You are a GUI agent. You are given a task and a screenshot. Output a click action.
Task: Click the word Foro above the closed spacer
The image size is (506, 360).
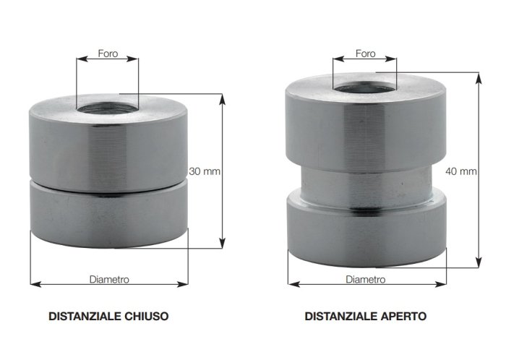(x=108, y=53)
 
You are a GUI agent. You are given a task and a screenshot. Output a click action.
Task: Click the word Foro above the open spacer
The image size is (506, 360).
(x=365, y=53)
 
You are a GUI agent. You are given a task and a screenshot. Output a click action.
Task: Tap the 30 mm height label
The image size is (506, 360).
(x=205, y=171)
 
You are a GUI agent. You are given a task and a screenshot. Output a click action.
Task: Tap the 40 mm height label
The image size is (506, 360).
(x=461, y=171)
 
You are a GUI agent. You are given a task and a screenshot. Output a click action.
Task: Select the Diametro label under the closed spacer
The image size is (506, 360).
(x=109, y=279)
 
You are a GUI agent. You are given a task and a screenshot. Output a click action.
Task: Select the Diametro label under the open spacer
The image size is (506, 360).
(x=366, y=279)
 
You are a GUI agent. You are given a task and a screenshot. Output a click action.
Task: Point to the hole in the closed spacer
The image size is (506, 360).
(x=108, y=108)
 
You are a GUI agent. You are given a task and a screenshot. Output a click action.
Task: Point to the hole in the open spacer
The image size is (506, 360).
(x=364, y=87)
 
